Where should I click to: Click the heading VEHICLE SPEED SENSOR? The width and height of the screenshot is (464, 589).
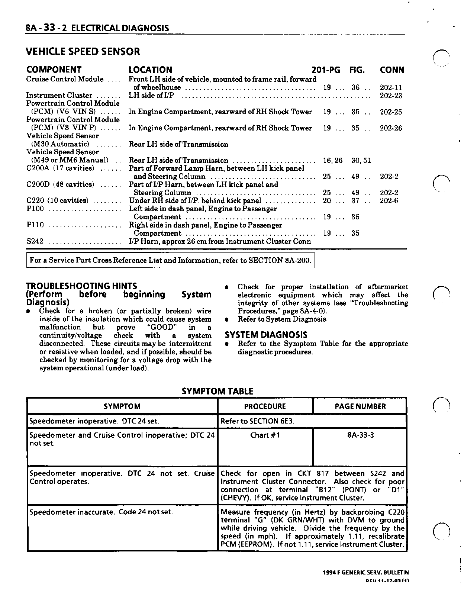click(x=83, y=52)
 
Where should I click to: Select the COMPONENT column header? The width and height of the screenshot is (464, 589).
click(x=54, y=70)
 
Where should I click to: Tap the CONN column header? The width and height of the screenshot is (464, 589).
click(x=392, y=70)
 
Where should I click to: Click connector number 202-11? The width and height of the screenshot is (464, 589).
click(x=391, y=88)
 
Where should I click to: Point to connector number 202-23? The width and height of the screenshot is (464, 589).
click(x=391, y=96)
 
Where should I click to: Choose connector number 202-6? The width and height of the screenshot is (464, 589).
click(x=389, y=201)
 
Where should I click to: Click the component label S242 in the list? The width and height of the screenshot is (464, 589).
click(x=35, y=241)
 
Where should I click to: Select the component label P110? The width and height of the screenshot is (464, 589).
click(x=35, y=225)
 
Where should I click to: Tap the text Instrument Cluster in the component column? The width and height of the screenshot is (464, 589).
click(x=59, y=96)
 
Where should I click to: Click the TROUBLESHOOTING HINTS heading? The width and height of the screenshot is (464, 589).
click(x=81, y=286)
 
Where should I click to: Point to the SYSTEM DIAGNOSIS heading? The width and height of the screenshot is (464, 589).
click(x=266, y=335)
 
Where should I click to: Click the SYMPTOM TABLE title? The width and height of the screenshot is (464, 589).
click(x=217, y=391)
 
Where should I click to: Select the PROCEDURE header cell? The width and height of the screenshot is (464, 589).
click(x=265, y=406)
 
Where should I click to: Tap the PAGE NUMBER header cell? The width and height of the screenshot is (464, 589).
click(x=360, y=406)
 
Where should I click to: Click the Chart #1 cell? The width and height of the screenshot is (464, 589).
click(x=265, y=435)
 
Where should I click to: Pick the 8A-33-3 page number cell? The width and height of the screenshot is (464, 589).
click(x=360, y=435)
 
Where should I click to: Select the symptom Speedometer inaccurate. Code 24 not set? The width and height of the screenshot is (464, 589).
click(x=101, y=512)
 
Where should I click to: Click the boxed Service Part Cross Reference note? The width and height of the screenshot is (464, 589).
click(x=171, y=260)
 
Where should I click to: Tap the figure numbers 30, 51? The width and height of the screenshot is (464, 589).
click(x=361, y=161)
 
